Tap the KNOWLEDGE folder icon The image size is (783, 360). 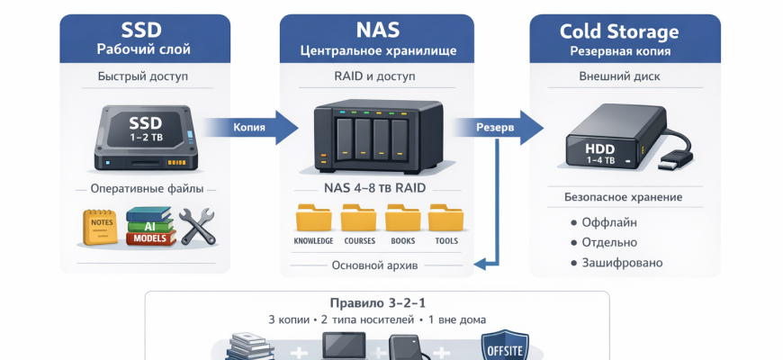313,219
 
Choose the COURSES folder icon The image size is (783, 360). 358,219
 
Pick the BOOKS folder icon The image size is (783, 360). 402,219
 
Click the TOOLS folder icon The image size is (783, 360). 445,219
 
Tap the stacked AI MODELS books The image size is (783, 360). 148,228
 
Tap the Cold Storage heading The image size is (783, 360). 619,31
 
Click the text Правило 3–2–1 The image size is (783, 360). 378,302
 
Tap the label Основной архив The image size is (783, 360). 373,265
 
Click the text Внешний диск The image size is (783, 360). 619,76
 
